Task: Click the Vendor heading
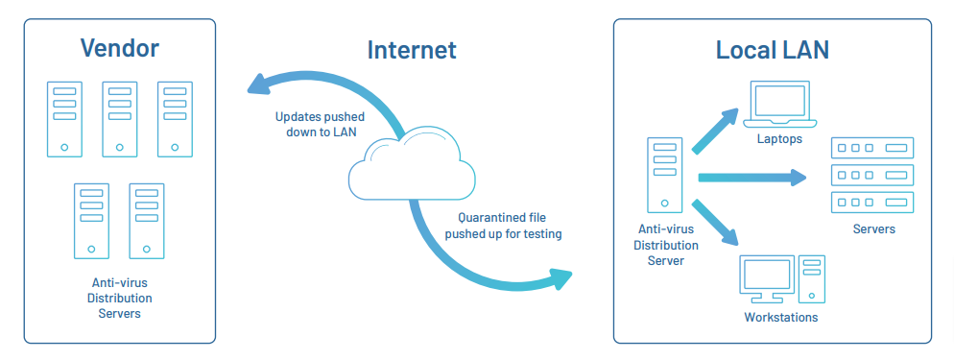pyautogui.click(x=119, y=48)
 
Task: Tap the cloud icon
pyautogui.click(x=412, y=163)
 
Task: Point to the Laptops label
pyautogui.click(x=778, y=139)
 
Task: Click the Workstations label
pyautogui.click(x=781, y=317)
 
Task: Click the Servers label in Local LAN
pyautogui.click(x=873, y=229)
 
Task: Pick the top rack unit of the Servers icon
pyautogui.click(x=872, y=148)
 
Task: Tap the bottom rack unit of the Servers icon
pyautogui.click(x=872, y=203)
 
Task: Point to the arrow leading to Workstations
pyautogui.click(x=716, y=222)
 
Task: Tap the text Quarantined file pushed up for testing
pyautogui.click(x=504, y=226)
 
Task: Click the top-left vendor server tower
pyautogui.click(x=64, y=118)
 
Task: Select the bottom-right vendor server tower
pyautogui.click(x=147, y=221)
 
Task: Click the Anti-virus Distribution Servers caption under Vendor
pyautogui.click(x=119, y=298)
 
